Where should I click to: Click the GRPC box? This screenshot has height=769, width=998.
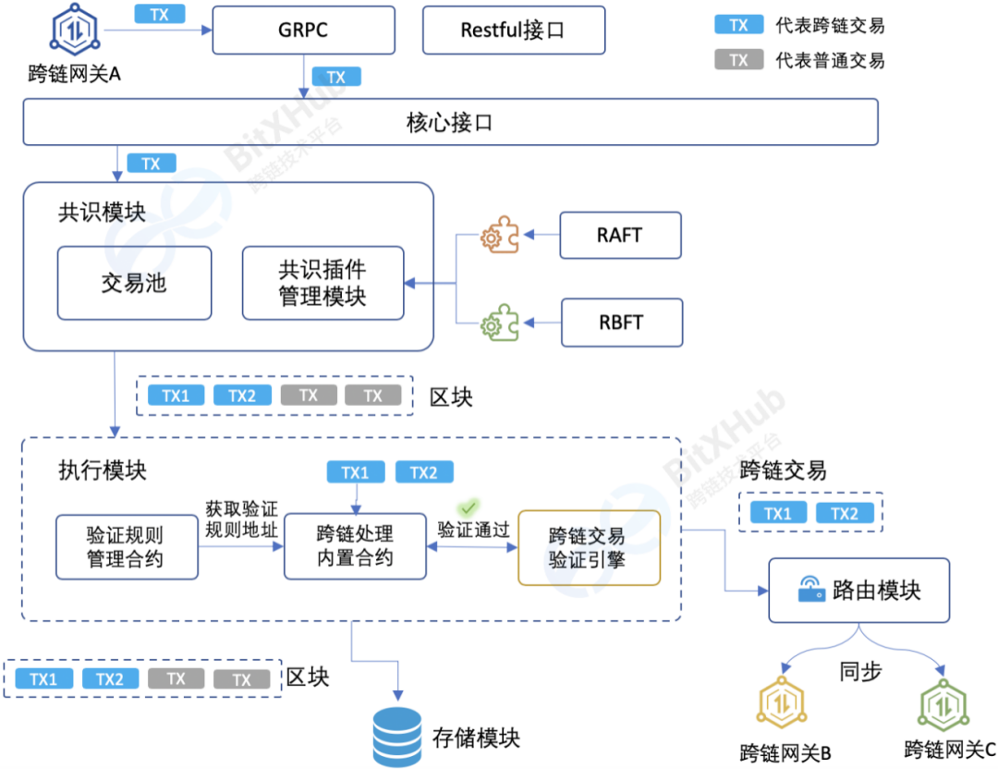coord(303,30)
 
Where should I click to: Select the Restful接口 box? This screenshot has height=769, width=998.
coord(513,30)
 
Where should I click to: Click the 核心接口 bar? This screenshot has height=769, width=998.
coord(449,122)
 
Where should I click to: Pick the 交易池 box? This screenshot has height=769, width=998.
coord(134,283)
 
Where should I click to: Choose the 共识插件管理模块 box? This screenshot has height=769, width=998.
coord(323,283)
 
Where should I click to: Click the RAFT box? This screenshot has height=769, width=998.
coord(620,235)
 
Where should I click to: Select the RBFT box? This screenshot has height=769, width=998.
coord(620,323)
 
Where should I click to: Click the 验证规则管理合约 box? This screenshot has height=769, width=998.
coord(127,546)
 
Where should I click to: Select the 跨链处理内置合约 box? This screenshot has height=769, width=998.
coord(355,546)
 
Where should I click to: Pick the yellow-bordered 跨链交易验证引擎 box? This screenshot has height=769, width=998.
coord(589,547)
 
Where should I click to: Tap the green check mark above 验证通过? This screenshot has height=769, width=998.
coord(469,507)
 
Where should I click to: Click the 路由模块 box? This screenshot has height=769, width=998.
coord(858,590)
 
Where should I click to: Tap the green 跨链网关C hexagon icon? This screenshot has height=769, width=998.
coord(942,705)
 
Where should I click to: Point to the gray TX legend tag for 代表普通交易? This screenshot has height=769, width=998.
coord(738,60)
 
